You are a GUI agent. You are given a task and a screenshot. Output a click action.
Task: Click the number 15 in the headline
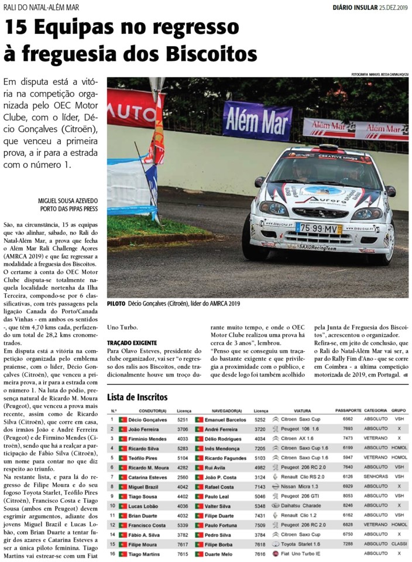pos(18,28)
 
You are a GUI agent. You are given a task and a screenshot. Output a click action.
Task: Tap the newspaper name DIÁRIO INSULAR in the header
pos(355,7)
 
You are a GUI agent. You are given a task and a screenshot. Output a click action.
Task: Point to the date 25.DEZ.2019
pos(393,7)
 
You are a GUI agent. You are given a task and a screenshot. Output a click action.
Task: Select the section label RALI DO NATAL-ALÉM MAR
pos(41,7)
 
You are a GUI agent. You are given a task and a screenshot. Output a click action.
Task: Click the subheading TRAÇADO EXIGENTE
pos(132,342)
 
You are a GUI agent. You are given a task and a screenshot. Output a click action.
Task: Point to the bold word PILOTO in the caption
pos(116,304)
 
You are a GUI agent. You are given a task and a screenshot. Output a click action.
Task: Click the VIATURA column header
pos(302,410)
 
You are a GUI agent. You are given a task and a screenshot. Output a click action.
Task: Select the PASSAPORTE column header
pos(348,410)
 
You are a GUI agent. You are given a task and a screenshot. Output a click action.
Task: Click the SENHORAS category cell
pos(375,477)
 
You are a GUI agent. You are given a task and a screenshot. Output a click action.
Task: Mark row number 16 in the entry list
pos(112,553)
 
